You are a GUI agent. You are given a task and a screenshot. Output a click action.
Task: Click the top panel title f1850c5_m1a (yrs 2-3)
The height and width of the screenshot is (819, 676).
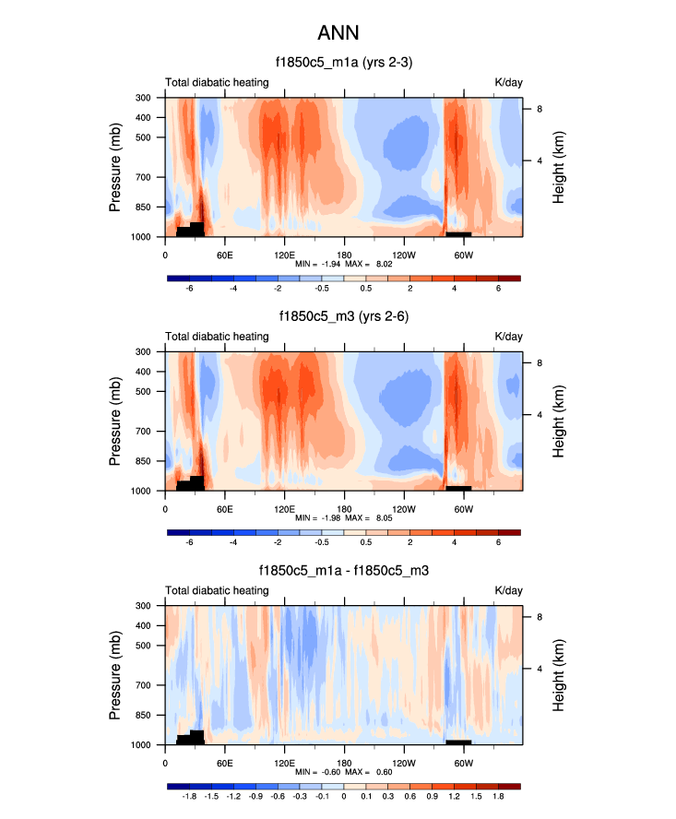coord(344,63)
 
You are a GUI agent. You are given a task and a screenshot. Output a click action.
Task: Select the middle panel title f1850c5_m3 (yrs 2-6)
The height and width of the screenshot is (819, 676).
coord(344,316)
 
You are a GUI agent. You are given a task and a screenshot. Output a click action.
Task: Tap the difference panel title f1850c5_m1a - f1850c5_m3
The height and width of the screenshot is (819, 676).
coord(344,571)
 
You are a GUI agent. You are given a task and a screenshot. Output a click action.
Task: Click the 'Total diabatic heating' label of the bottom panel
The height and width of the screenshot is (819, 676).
coord(217,590)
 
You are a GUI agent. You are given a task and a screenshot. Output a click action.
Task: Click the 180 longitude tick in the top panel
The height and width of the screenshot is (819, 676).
coord(344,255)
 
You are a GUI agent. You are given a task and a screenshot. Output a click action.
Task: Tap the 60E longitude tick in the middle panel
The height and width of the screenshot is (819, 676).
coord(224,509)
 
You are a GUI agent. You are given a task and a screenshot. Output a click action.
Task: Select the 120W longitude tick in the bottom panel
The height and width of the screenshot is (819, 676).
coord(403,763)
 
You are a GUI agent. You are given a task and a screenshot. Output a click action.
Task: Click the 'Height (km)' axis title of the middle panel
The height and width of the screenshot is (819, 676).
coord(559,421)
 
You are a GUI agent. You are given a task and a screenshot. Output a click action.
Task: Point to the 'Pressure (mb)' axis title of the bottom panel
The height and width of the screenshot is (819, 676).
coord(116,675)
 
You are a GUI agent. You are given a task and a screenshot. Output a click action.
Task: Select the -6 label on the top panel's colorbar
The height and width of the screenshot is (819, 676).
coord(190,288)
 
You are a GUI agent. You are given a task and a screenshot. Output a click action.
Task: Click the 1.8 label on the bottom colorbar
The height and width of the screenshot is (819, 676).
coord(497,796)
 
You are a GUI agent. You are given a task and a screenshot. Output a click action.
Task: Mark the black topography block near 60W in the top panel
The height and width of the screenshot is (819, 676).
coord(458,233)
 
